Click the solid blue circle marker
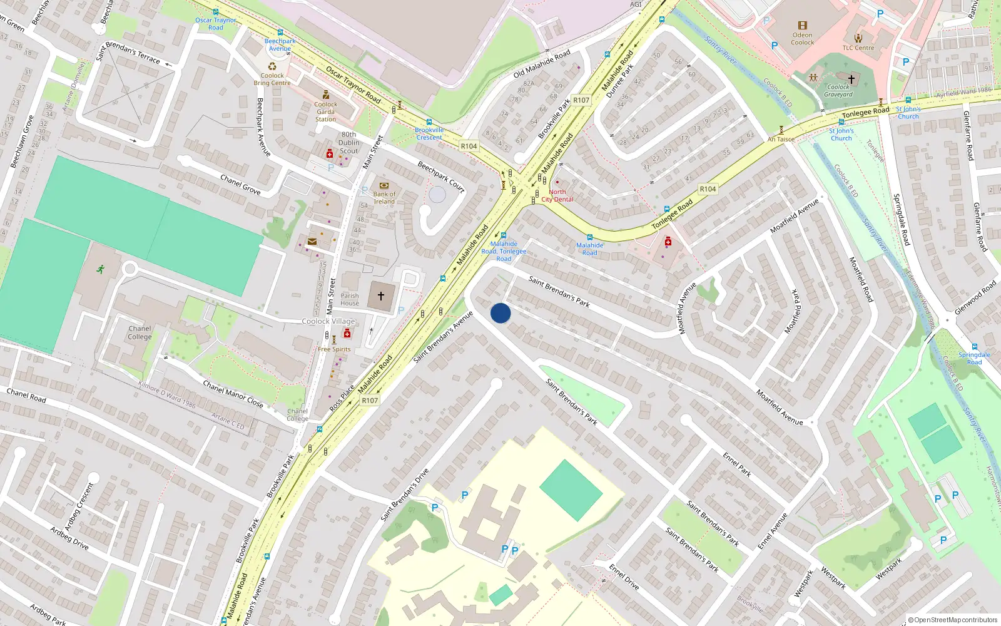pyautogui.click(x=500, y=313)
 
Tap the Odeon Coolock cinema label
pyautogui.click(x=802, y=39)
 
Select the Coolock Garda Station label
pyautogui.click(x=325, y=111)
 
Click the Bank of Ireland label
pyautogui.click(x=384, y=198)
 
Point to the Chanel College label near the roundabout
pyautogui.click(x=140, y=332)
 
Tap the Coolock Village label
pyautogui.click(x=328, y=321)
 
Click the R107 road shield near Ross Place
pyautogui.click(x=370, y=401)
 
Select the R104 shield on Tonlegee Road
pyautogui.click(x=708, y=189)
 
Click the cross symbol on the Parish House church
pyautogui.click(x=380, y=295)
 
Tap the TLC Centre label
pyautogui.click(x=858, y=48)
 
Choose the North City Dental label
pyautogui.click(x=557, y=196)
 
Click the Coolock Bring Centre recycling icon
pyautogui.click(x=272, y=66)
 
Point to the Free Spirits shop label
pyautogui.click(x=334, y=349)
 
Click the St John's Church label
pyautogui.click(x=841, y=135)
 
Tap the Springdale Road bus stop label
pyautogui.click(x=974, y=358)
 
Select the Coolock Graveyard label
pyautogui.click(x=838, y=91)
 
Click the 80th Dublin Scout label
pyautogui.click(x=349, y=143)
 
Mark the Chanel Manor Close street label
pyautogui.click(x=233, y=394)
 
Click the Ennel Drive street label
pyautogui.click(x=624, y=577)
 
